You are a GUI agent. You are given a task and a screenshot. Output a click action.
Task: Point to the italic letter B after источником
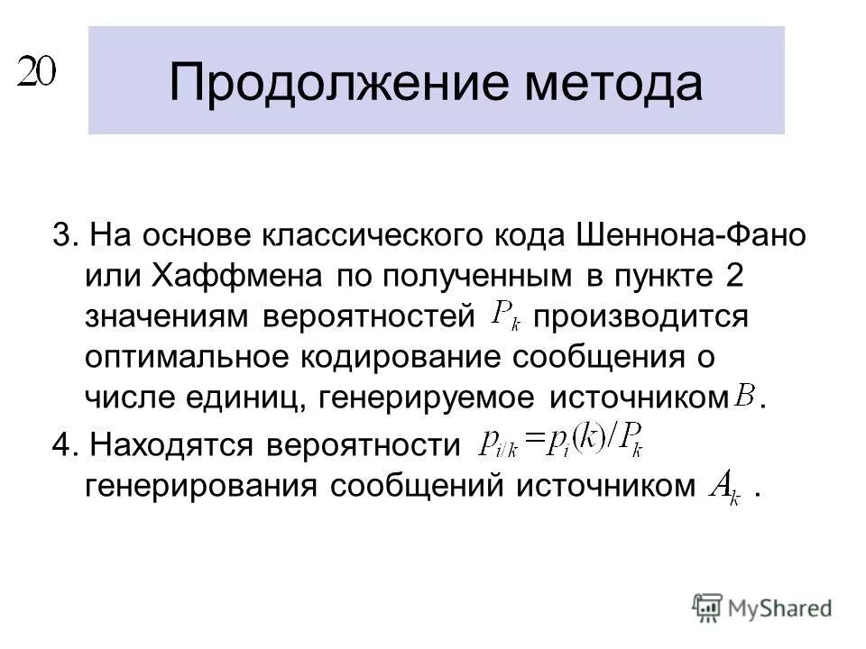tap(746, 396)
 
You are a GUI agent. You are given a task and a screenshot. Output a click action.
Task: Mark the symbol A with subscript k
tap(725, 489)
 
